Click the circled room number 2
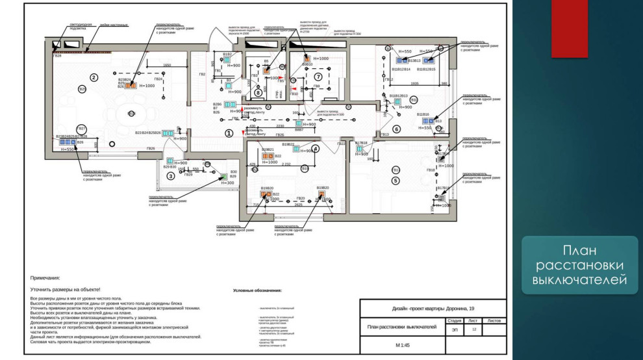(x=94, y=77)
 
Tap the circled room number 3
(x=171, y=175)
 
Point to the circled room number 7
(x=318, y=77)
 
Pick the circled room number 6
(x=396, y=129)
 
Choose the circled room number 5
(x=396, y=180)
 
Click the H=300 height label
(x=227, y=183)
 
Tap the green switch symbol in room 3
(x=170, y=161)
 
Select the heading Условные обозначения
(x=257, y=290)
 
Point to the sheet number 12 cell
(x=474, y=329)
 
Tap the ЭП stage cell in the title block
(x=454, y=329)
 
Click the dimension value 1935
(x=415, y=84)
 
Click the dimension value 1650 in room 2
(x=166, y=66)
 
